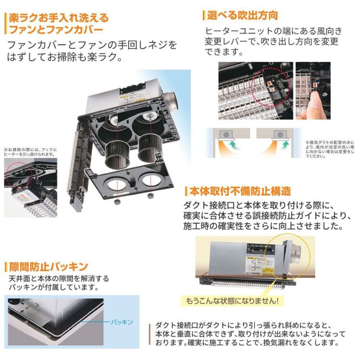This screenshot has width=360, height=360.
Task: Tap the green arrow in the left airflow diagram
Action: [233, 144]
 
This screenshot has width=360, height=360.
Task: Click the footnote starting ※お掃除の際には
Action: [31, 152]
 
